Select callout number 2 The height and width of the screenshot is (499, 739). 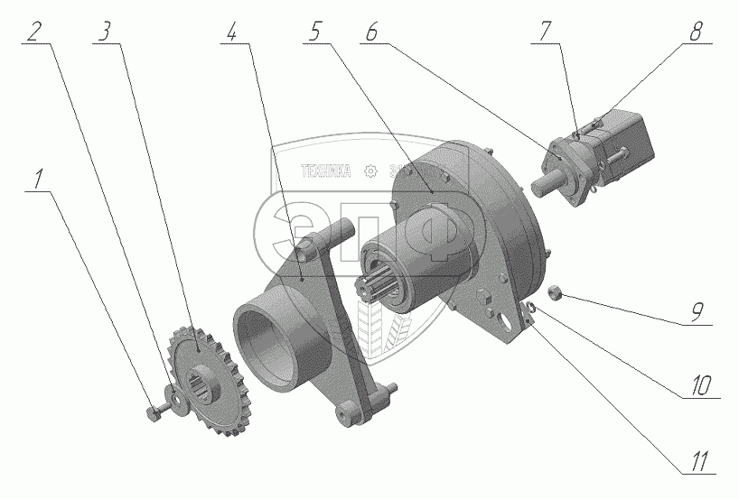pyautogui.click(x=34, y=32)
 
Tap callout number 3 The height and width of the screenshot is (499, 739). pyautogui.click(x=106, y=32)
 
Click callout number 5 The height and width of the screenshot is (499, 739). pyautogui.click(x=314, y=32)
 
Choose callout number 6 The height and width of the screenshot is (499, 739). pyautogui.click(x=373, y=32)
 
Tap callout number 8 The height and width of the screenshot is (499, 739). pyautogui.click(x=696, y=32)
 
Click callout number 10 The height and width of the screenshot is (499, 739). pyautogui.click(x=697, y=386)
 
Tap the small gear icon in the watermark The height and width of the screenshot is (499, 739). pyautogui.click(x=369, y=171)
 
